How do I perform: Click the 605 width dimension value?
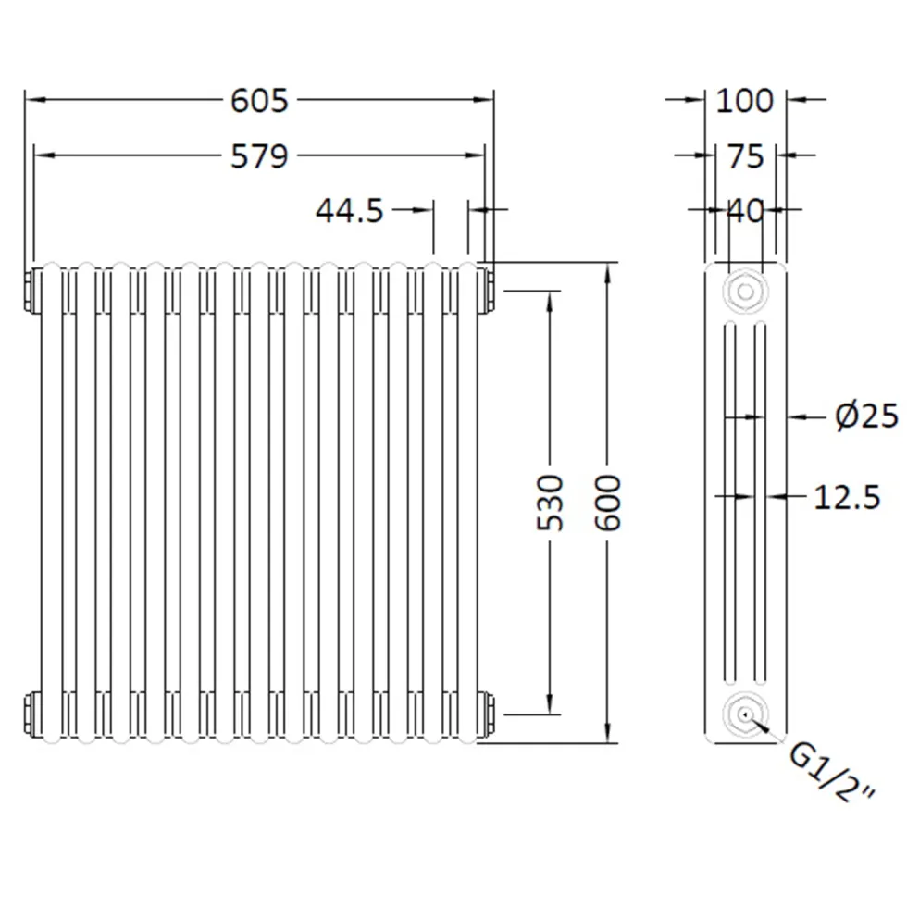click(x=259, y=101)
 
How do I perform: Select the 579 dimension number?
click(x=259, y=156)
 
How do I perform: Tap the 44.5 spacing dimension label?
click(x=350, y=211)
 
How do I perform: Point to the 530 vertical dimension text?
click(x=550, y=502)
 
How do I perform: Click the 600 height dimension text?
click(x=608, y=502)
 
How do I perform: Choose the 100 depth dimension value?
click(x=744, y=101)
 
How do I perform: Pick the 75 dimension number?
click(x=746, y=156)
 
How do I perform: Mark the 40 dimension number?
click(x=746, y=211)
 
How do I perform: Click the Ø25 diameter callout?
click(x=866, y=416)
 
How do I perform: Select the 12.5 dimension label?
click(x=847, y=498)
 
